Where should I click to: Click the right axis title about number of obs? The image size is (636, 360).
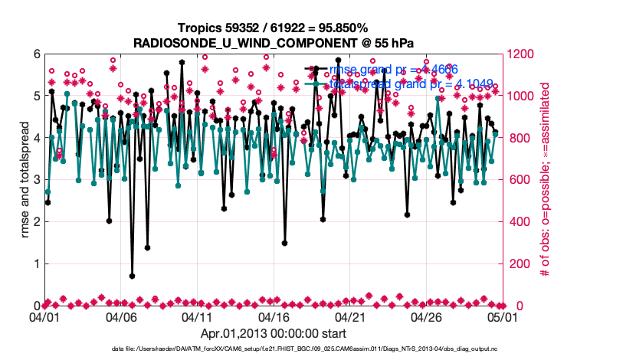coord(546,180)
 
